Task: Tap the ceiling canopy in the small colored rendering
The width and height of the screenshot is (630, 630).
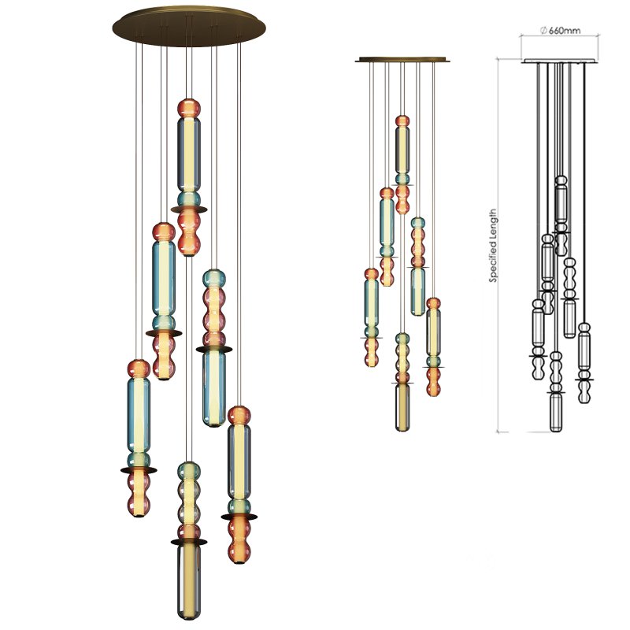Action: point(402,59)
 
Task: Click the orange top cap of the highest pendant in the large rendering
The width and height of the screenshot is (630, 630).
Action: point(188,107)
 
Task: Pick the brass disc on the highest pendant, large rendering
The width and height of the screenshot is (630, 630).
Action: point(188,209)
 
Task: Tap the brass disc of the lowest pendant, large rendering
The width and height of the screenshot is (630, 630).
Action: point(188,542)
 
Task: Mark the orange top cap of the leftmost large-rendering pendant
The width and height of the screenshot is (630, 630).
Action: point(139,369)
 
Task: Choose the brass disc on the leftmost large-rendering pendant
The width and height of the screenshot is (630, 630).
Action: point(139,470)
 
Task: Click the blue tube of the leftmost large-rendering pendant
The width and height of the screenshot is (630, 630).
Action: point(139,413)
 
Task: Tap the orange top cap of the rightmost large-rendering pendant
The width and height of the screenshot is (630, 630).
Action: point(239,415)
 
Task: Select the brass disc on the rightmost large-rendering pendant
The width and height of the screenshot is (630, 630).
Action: point(239,517)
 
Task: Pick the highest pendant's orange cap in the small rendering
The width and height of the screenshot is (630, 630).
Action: point(402,121)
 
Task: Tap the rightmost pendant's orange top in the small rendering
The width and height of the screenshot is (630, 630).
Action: point(433,303)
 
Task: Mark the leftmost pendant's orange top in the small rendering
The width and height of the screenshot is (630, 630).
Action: point(371,274)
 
